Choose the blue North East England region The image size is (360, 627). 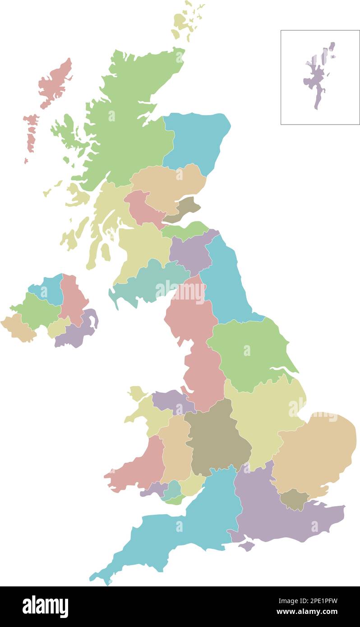point(226,284)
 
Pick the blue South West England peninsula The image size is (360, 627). point(180,532)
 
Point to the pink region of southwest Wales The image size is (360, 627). point(140,469)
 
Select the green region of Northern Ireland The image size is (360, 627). point(36,311)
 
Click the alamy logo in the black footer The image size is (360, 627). point(45,606)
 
